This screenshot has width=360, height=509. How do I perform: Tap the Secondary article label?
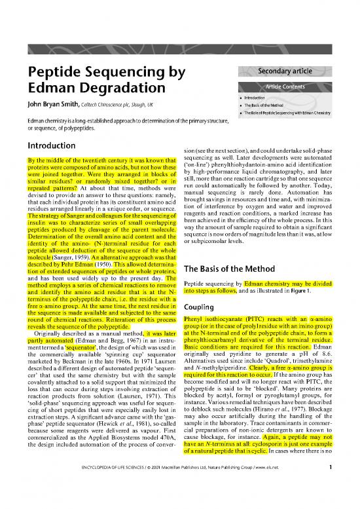283,73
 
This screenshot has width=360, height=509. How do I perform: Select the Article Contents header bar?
283,86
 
